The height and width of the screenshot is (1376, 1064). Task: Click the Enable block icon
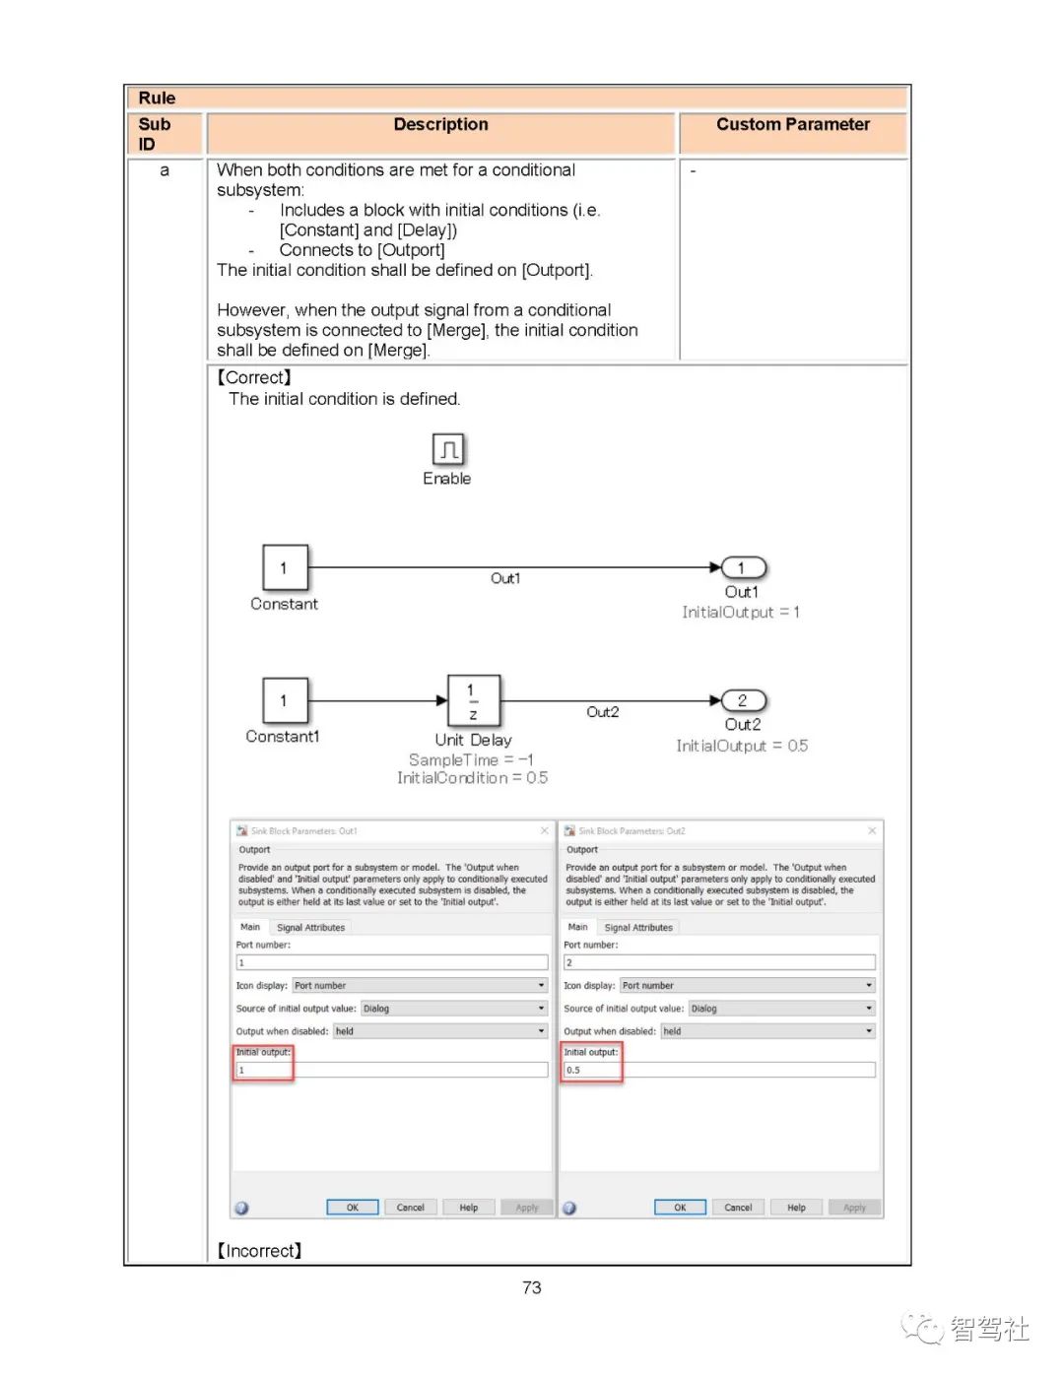tap(448, 450)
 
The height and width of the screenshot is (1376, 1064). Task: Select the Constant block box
tap(285, 567)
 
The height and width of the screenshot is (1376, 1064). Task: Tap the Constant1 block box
tap(285, 700)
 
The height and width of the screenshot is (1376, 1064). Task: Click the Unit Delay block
tap(474, 700)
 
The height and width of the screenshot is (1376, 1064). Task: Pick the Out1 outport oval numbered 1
tap(743, 568)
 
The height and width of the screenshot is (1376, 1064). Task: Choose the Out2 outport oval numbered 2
tap(743, 700)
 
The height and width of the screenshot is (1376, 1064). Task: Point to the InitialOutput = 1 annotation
tap(741, 613)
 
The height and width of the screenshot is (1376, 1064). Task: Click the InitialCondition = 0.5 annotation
tap(472, 778)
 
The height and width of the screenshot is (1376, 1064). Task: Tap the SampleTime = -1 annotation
tap(471, 760)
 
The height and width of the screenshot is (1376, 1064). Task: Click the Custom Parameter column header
tap(792, 125)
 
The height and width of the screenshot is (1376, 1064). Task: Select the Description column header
tap(440, 125)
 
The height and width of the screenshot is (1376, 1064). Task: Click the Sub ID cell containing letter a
tap(165, 170)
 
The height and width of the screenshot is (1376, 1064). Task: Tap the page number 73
tap(532, 1287)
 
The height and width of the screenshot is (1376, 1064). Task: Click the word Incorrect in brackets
tap(260, 1251)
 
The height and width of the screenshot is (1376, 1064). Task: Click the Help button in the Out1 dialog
tap(468, 1208)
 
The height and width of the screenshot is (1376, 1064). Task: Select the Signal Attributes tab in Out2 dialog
tap(638, 928)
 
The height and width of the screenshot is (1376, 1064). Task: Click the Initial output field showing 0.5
tap(718, 1070)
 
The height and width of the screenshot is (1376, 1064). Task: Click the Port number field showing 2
tap(718, 962)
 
